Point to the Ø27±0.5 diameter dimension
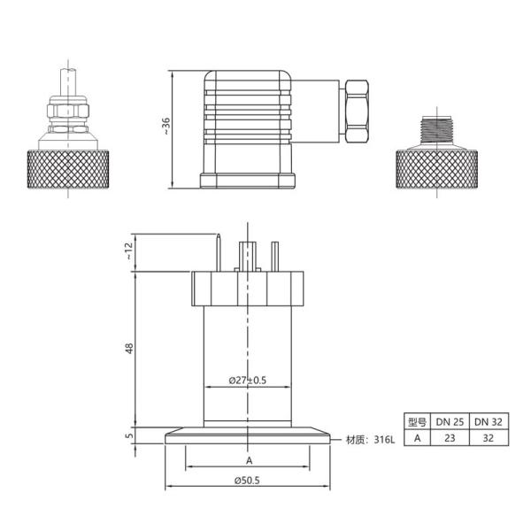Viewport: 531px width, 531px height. click(248, 380)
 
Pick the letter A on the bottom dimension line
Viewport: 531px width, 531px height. click(249, 461)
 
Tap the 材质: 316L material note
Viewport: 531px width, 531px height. click(369, 439)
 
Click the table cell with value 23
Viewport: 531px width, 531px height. click(450, 436)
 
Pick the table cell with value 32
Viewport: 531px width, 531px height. click(487, 436)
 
